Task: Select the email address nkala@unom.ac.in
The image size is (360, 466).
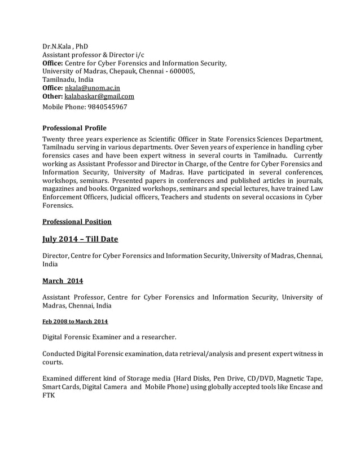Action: click(x=92, y=88)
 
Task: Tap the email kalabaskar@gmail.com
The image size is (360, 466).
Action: click(x=99, y=96)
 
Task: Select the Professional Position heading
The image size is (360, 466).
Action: click(x=77, y=221)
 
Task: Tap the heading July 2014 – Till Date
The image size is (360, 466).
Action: click(x=81, y=239)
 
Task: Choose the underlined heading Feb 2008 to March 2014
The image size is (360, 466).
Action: click(x=76, y=322)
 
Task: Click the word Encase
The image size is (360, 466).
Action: click(x=298, y=388)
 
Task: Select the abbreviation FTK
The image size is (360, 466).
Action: click(x=50, y=397)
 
